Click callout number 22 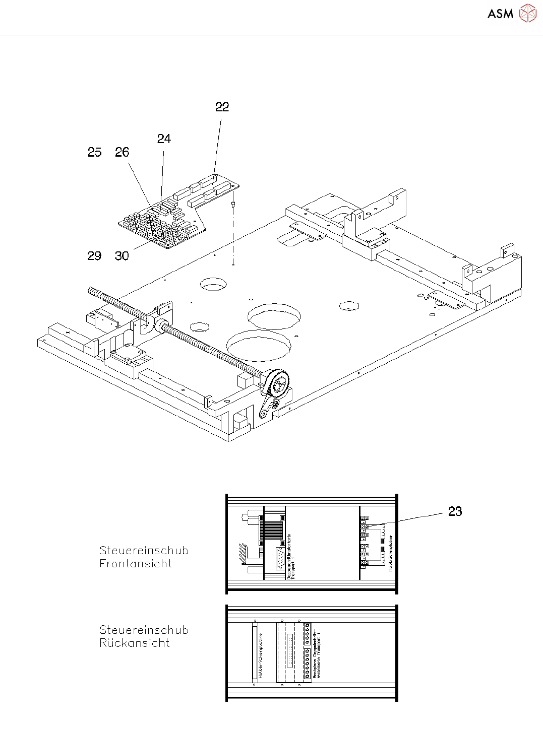click(x=222, y=107)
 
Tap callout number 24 click(x=164, y=139)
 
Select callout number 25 click(x=94, y=152)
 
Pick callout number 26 click(x=122, y=152)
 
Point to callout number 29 click(x=94, y=256)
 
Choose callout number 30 click(x=122, y=256)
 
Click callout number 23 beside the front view click(x=455, y=511)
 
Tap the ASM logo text click(x=500, y=14)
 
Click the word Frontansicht click(x=136, y=564)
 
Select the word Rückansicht click(x=135, y=643)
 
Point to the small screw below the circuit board click(x=233, y=205)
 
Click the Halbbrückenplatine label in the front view click(x=391, y=553)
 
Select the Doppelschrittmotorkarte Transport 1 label click(x=291, y=557)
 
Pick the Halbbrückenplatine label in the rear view click(x=261, y=655)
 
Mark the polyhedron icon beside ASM click(x=528, y=14)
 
